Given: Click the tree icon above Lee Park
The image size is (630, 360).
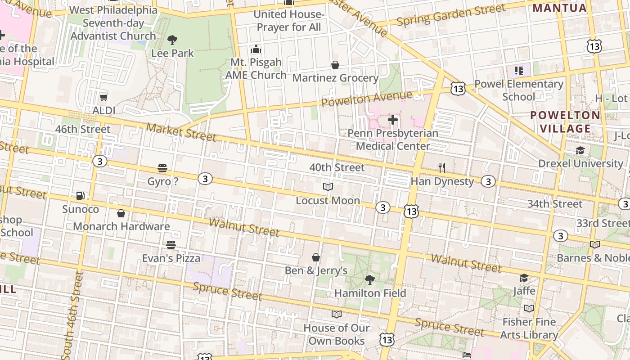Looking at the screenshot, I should click(x=172, y=40).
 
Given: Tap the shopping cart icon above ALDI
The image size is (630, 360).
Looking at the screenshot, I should click(x=103, y=97).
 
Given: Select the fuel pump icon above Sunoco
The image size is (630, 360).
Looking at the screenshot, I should click(x=80, y=196).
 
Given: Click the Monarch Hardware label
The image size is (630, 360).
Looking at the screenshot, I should click(x=121, y=226).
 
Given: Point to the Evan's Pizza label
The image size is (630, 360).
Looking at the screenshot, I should click(x=171, y=258).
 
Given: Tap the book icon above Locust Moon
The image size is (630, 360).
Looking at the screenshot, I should click(x=328, y=187).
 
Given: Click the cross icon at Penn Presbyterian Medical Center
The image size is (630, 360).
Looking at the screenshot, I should click(x=393, y=120).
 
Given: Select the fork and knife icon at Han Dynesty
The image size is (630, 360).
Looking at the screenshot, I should click(x=442, y=168).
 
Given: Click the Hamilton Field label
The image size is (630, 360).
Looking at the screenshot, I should click(x=370, y=293).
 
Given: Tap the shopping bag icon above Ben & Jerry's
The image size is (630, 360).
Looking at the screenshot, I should click(x=316, y=257).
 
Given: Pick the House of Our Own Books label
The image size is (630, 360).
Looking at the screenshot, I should click(x=337, y=334).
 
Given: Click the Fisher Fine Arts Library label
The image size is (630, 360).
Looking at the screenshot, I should click(x=529, y=328).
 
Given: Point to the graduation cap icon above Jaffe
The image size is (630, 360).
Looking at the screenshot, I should click(x=524, y=278).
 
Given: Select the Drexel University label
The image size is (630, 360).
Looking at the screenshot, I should click(x=580, y=163).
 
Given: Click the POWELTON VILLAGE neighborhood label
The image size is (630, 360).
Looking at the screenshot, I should click(x=565, y=122).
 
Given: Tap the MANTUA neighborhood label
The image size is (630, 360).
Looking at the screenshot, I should click(x=560, y=8).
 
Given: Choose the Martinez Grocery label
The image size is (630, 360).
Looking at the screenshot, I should click(x=335, y=78).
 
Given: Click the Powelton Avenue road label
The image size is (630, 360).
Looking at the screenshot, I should click(x=367, y=98).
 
